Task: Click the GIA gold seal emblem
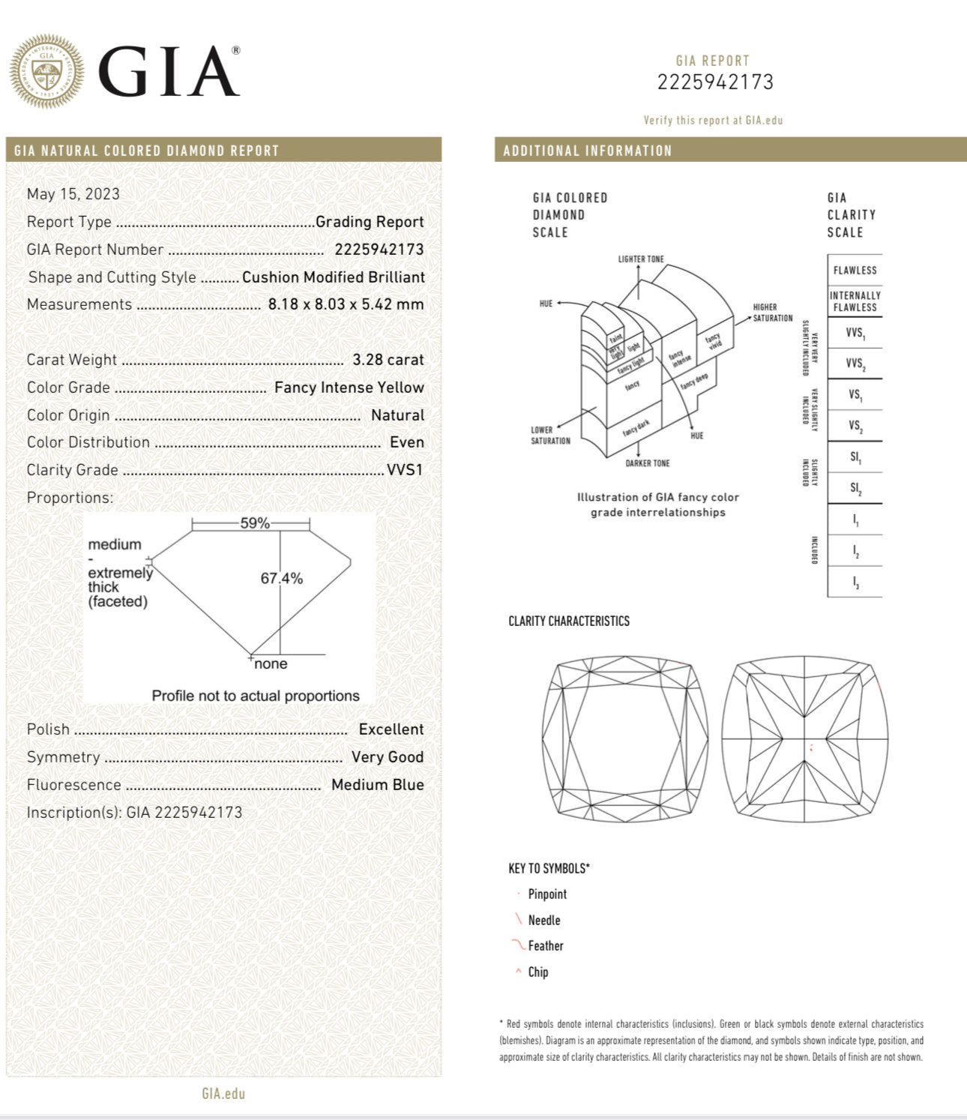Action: [x=46, y=71]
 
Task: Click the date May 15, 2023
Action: [x=73, y=194]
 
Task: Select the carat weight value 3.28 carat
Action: [x=388, y=360]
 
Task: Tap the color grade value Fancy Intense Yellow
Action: [x=349, y=388]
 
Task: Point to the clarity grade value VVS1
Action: [x=405, y=470]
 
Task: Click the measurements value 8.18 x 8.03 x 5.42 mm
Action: [x=346, y=304]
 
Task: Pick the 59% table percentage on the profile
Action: [x=255, y=523]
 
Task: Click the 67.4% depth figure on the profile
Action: [x=282, y=578]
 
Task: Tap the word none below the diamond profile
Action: [x=271, y=664]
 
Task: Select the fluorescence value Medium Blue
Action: [x=377, y=785]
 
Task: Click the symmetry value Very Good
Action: [x=387, y=757]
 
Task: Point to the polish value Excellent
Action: [x=391, y=729]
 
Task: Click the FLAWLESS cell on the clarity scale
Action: [x=855, y=271]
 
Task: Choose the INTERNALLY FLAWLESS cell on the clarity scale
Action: [x=855, y=301]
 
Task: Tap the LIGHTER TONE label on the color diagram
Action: [x=641, y=259]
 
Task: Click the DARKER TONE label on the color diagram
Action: [x=648, y=463]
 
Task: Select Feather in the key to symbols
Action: [x=545, y=946]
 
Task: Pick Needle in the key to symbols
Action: [x=543, y=921]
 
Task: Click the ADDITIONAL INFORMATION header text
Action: [x=588, y=151]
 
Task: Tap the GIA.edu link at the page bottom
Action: [x=223, y=1094]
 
